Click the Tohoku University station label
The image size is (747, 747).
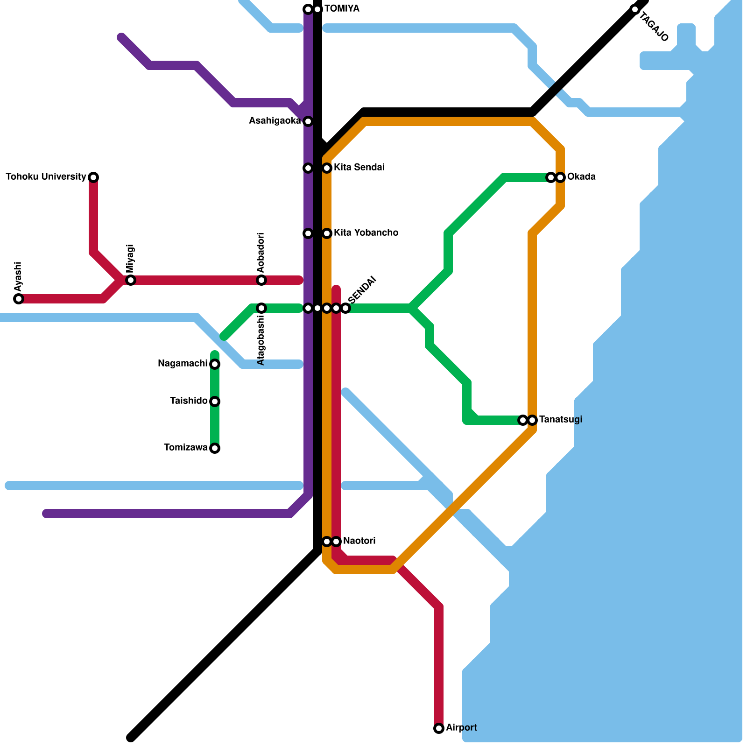point(46,177)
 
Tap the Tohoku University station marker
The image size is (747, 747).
point(93,177)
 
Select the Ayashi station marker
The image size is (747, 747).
point(19,299)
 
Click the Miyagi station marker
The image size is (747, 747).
point(131,280)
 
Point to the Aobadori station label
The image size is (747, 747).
point(261,253)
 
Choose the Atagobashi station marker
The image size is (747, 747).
point(261,308)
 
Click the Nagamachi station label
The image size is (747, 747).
point(183,364)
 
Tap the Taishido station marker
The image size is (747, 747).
point(215,402)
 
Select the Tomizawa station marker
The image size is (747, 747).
point(215,448)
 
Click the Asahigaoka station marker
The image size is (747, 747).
point(308,121)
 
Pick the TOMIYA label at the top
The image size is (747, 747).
point(342,9)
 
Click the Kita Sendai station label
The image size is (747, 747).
point(359,168)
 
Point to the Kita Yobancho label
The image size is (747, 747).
point(366,233)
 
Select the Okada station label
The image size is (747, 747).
point(581,177)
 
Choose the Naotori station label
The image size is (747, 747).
point(359,541)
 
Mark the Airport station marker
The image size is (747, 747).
point(439,728)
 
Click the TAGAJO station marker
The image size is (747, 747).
point(635,9)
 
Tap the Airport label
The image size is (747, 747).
point(461,728)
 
